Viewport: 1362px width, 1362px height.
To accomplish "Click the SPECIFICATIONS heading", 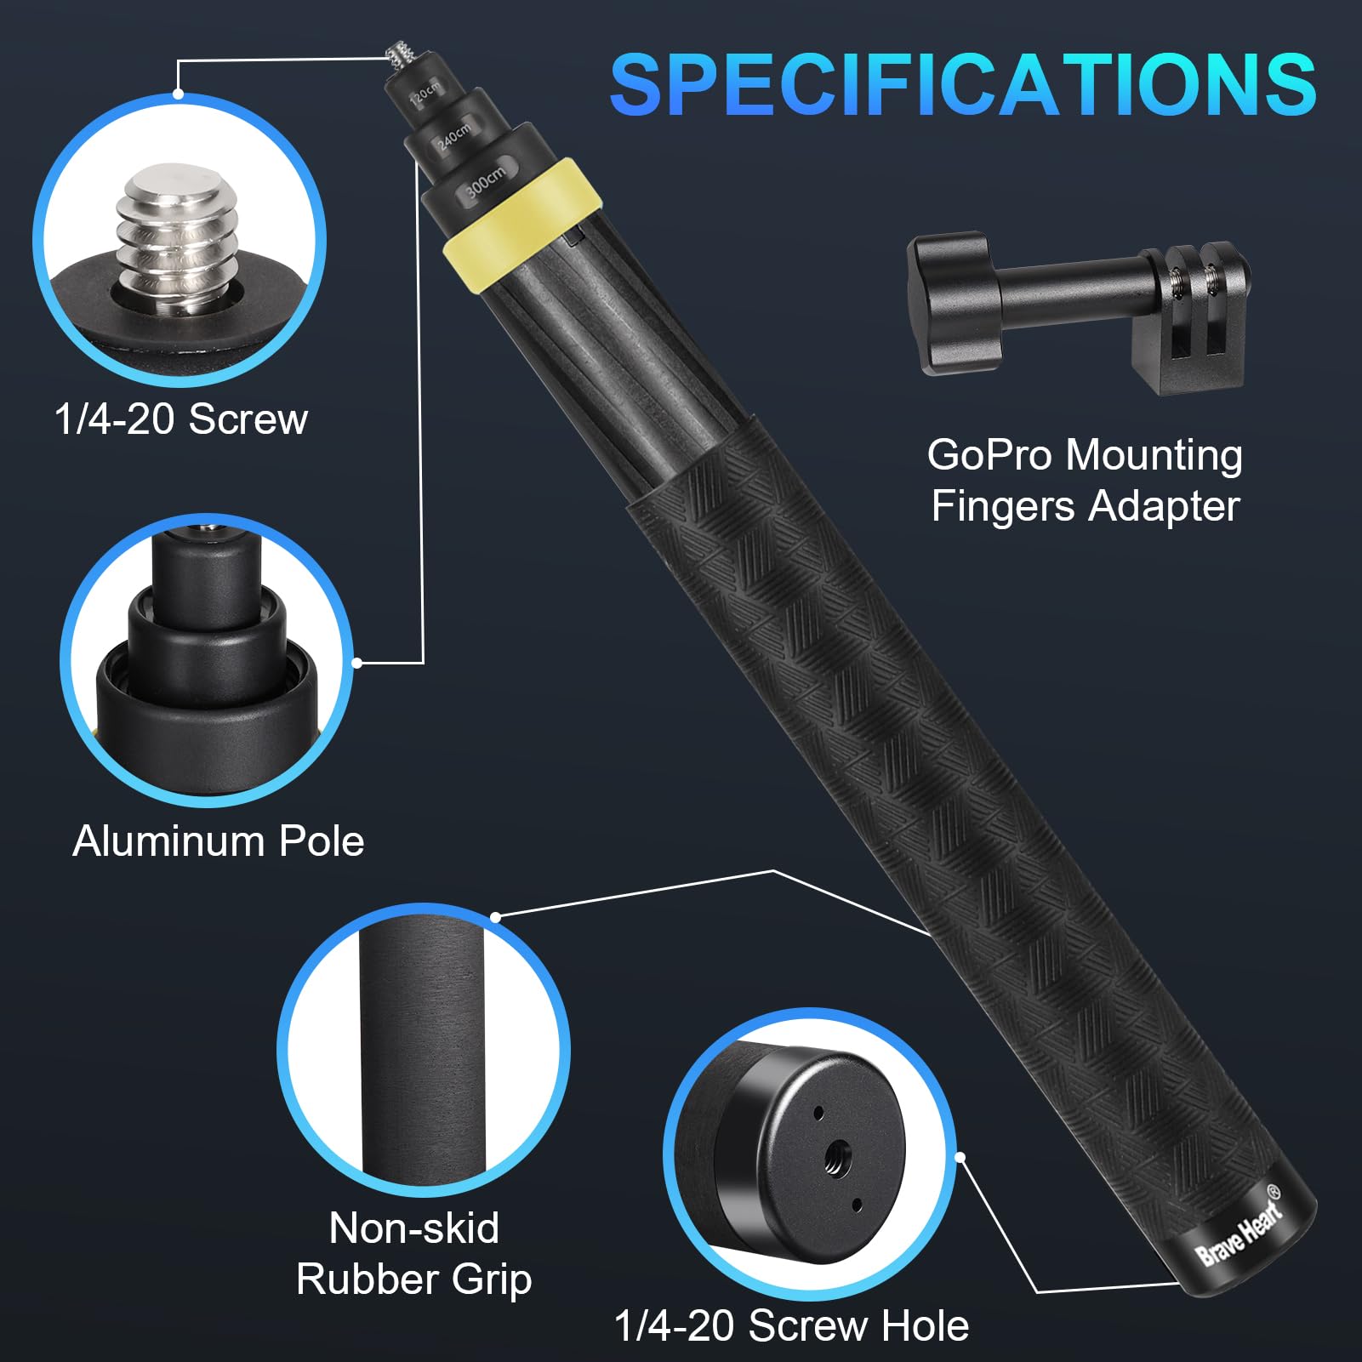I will (x=963, y=85).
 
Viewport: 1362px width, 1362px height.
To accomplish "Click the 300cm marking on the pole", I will (x=486, y=181).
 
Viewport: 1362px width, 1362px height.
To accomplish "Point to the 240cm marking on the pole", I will (x=453, y=137).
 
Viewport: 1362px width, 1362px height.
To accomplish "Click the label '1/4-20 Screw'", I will (x=180, y=419).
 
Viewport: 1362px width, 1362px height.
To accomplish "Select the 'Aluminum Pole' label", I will (x=219, y=841).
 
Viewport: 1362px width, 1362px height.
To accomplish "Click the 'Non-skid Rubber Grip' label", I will (x=414, y=1254).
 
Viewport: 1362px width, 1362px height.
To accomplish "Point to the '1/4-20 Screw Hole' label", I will (x=791, y=1325).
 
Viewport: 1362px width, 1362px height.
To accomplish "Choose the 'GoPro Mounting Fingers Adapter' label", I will (x=1085, y=481).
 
